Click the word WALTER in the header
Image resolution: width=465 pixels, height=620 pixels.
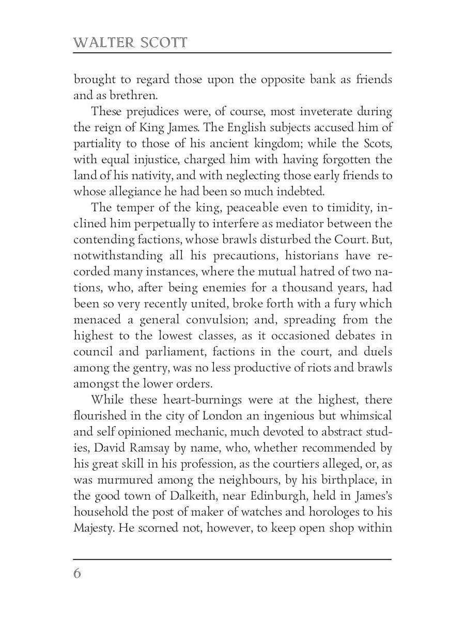103,43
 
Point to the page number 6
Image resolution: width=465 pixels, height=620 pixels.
78,574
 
